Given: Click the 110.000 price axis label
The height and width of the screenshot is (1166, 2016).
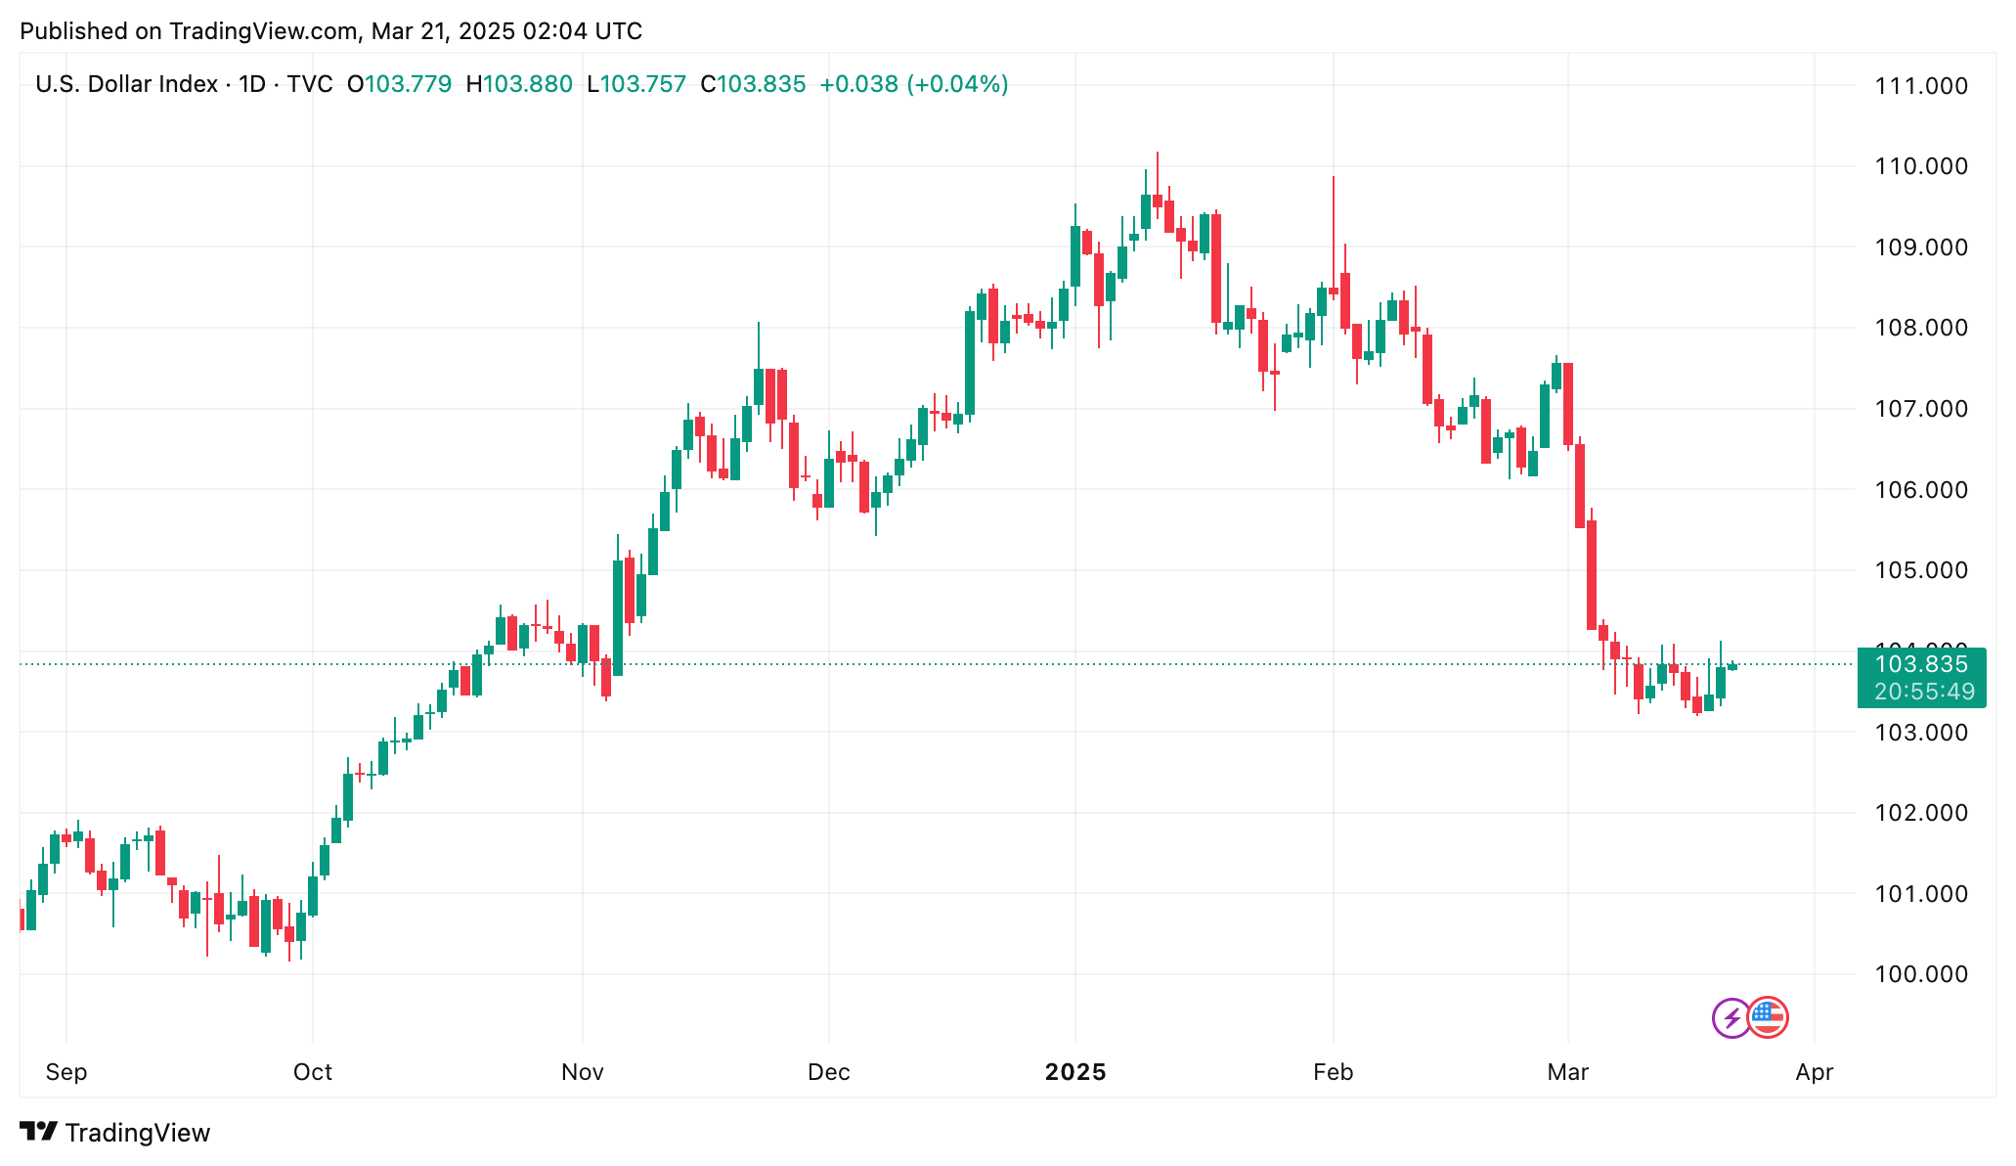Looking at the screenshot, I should point(1920,166).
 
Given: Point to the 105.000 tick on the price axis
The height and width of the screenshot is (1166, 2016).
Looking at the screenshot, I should point(1920,570).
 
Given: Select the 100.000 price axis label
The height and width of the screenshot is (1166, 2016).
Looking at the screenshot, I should point(1920,974).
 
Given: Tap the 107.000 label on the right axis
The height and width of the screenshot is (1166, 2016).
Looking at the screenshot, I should point(1920,409).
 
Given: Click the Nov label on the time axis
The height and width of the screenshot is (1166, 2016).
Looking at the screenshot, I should point(582,1072).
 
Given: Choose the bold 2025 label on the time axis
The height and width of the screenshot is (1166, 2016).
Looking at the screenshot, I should point(1074,1072).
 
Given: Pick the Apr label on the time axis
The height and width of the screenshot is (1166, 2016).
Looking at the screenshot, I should point(1814,1072).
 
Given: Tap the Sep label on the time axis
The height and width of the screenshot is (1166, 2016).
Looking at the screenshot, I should point(66,1072).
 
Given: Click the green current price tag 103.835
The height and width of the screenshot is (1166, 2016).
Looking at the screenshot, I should point(1920,665).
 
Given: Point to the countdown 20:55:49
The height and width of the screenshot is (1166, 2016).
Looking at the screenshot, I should point(1924,692).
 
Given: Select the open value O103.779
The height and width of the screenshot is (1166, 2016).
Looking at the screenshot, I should point(399,84).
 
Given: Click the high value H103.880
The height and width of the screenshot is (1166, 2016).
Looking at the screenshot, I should point(519,84).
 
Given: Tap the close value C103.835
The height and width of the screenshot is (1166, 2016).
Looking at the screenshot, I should point(753,84).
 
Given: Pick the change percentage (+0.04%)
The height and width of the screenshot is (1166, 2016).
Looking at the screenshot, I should point(957,84).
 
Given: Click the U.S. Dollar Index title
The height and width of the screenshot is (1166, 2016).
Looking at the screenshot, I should point(126,84).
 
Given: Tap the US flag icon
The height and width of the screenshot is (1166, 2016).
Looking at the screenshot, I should point(1767,1017).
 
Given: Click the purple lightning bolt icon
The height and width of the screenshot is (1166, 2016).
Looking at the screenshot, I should point(1731,1018).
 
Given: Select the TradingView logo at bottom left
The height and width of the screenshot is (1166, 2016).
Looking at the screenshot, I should point(114,1133).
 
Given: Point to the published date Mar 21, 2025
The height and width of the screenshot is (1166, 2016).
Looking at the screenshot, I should point(443,31).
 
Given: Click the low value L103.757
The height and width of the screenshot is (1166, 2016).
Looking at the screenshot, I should point(636,84).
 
